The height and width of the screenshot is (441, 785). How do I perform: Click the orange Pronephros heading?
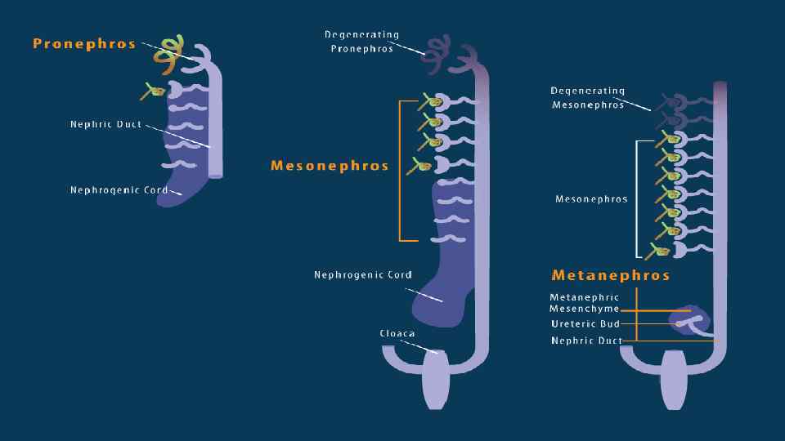pos(84,44)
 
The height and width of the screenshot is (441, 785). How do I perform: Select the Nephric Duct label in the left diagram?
pos(105,125)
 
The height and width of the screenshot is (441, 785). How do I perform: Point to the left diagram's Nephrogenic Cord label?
pos(119,190)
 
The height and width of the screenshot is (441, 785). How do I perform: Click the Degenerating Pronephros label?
pos(361,42)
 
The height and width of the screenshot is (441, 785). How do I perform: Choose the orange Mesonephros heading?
pos(330,166)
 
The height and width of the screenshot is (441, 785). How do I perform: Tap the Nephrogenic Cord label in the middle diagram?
pos(363,275)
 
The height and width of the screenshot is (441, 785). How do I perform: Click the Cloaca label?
pos(397,333)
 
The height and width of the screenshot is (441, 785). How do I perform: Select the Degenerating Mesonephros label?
pos(588,98)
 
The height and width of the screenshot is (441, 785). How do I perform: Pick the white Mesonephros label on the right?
pos(591,199)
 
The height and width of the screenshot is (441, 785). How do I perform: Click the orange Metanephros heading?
pos(611,275)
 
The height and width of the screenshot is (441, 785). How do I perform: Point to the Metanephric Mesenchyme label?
pos(585,304)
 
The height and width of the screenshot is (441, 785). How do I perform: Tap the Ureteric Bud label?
pos(585,324)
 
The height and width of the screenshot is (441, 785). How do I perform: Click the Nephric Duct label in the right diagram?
pos(586,341)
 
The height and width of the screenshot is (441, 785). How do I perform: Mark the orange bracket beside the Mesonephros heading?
pos(401,171)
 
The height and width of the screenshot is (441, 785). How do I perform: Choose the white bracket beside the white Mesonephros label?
pos(638,198)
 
